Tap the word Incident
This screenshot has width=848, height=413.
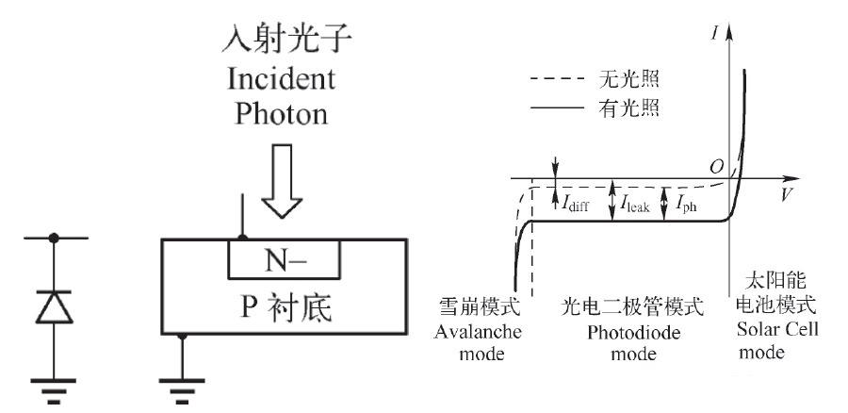click(x=281, y=79)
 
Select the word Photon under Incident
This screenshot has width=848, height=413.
click(x=281, y=114)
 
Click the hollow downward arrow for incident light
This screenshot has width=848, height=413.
click(x=282, y=181)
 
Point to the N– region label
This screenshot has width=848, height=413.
click(x=285, y=261)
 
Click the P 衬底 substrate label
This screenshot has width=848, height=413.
click(x=285, y=307)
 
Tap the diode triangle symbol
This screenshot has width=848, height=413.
click(x=54, y=306)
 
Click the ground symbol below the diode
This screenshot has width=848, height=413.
click(x=54, y=391)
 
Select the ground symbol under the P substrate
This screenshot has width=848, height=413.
click(x=182, y=391)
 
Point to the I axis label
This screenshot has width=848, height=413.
click(x=715, y=34)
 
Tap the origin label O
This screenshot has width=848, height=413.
click(x=717, y=167)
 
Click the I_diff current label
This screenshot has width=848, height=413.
click(x=576, y=204)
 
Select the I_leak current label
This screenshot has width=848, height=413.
click(x=635, y=204)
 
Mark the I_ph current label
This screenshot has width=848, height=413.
click(x=686, y=204)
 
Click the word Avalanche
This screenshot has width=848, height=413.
click(x=478, y=331)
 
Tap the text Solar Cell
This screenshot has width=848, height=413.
click(x=777, y=329)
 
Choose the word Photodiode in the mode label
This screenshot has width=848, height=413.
click(x=633, y=332)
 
